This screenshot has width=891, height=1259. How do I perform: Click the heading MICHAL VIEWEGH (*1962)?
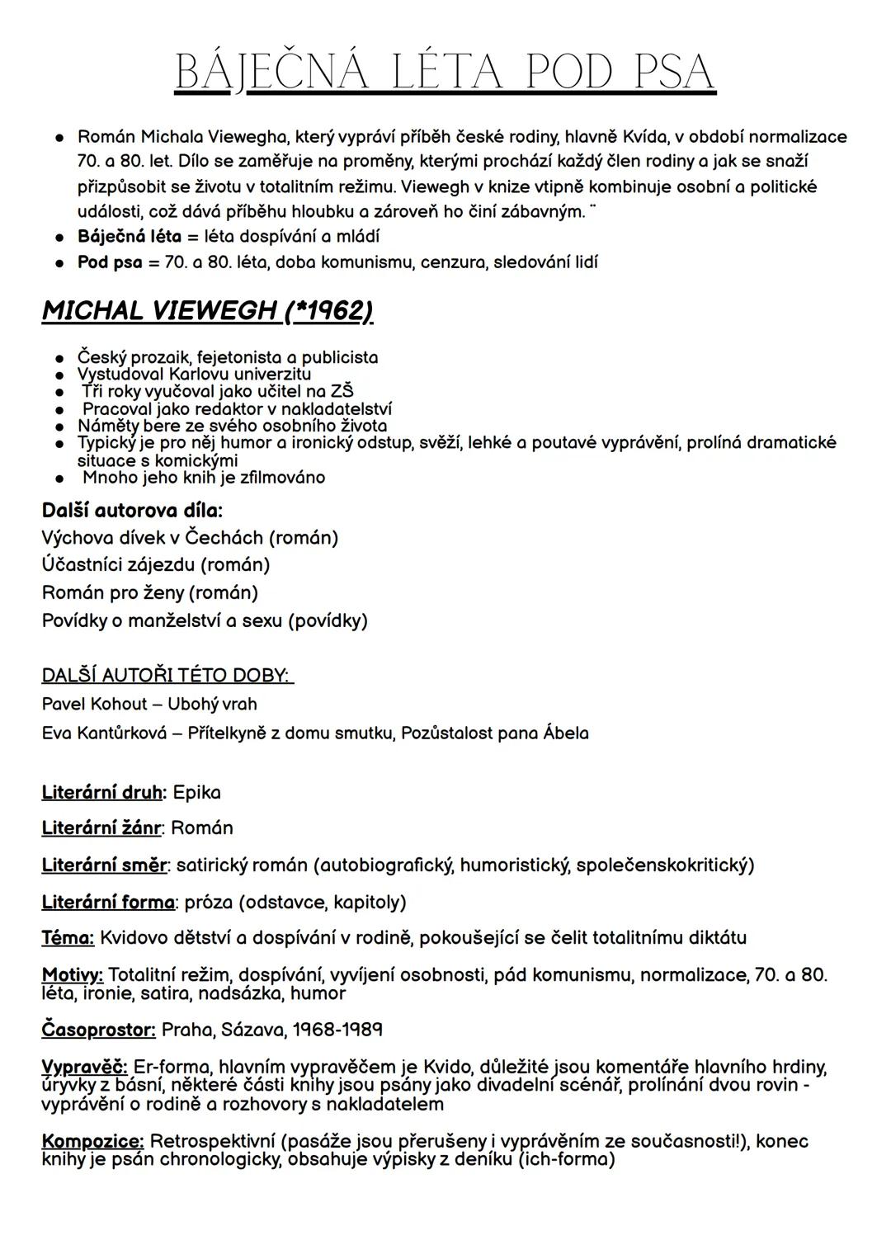point(207,311)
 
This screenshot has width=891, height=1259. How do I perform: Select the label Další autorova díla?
point(132,510)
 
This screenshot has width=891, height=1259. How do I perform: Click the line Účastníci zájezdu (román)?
point(156,565)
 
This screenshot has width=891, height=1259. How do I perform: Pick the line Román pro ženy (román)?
point(150,592)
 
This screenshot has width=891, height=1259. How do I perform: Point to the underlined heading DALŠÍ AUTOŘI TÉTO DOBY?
point(167,676)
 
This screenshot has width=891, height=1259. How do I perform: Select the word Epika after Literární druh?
point(196,793)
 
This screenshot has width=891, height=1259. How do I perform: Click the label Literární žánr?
point(101,828)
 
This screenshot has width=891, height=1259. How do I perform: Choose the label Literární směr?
point(104,865)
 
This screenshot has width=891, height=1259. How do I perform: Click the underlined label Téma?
point(68,938)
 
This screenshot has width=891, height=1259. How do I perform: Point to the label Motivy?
point(72,975)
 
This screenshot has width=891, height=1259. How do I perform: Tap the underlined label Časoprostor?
point(98,1030)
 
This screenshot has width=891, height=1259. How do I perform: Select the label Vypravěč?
point(84,1068)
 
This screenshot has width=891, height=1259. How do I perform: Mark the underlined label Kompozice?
point(92,1142)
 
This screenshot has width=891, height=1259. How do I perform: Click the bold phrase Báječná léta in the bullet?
point(129,237)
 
